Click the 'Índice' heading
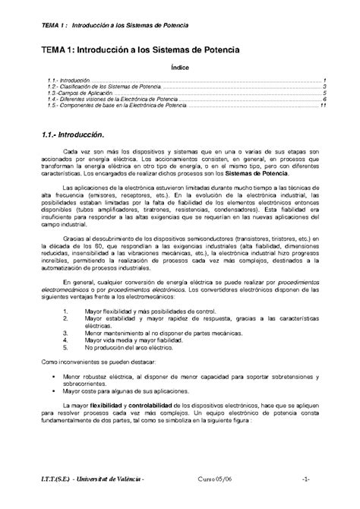point(180,67)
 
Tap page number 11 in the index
point(324,105)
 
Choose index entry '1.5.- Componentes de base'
point(109,105)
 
